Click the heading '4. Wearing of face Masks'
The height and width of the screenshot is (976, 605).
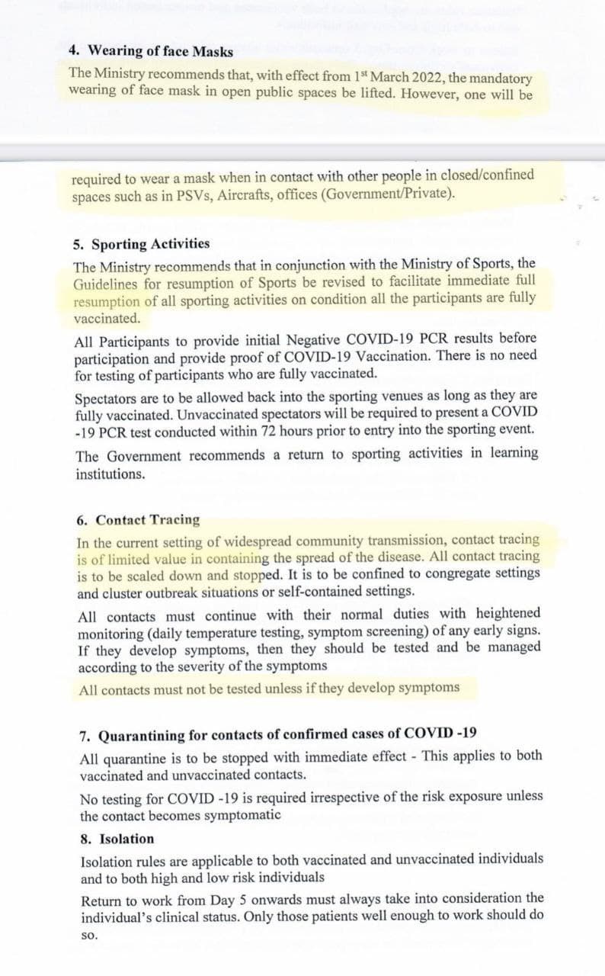coord(151,51)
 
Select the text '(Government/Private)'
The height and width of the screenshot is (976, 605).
coord(389,194)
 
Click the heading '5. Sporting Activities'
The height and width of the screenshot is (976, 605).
coord(142,244)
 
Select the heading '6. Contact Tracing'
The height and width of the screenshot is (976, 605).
coord(139,520)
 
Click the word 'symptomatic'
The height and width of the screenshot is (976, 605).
coord(245,814)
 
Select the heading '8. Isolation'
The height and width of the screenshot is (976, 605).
coord(117,839)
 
